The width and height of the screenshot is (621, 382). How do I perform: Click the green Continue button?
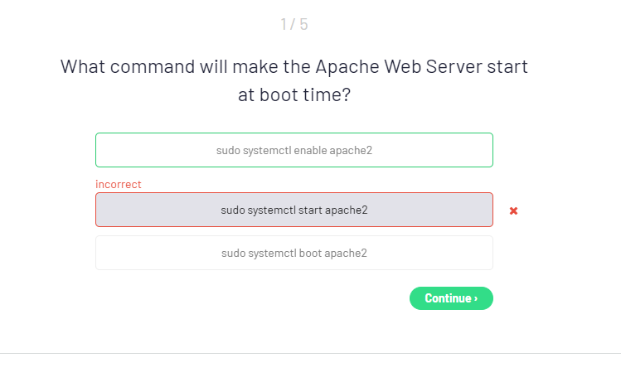click(451, 298)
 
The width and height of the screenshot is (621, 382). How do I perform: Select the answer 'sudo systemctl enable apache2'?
click(294, 150)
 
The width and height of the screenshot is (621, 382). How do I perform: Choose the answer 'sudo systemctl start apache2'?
click(294, 210)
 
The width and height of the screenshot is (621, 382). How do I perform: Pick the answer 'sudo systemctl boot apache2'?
click(294, 253)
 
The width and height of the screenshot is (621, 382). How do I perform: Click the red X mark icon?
click(514, 211)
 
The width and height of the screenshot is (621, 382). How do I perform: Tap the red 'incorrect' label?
click(119, 184)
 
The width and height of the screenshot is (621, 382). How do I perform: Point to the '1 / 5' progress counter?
click(294, 25)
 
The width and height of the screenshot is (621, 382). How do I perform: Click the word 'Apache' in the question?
click(347, 66)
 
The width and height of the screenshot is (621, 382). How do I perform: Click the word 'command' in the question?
click(153, 66)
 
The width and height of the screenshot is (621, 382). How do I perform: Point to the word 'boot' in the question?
click(279, 95)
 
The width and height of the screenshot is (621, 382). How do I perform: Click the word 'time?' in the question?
click(327, 95)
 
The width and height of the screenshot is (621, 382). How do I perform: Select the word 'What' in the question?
click(83, 66)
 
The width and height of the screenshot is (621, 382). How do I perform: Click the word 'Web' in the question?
click(403, 66)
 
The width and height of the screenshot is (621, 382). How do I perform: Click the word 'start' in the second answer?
click(310, 210)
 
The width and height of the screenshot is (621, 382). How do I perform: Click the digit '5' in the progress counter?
click(303, 25)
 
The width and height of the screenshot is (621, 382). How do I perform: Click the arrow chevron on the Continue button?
click(476, 298)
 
